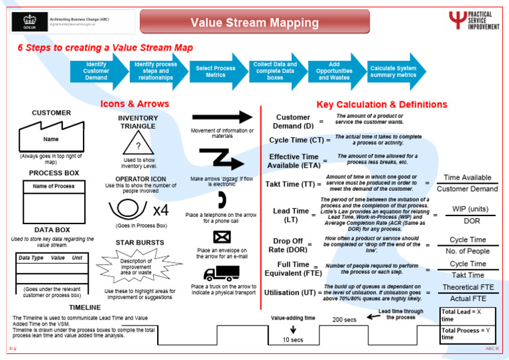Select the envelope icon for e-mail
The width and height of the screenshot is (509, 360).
click(x=221, y=237)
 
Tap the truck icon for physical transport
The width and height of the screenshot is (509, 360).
click(x=221, y=272)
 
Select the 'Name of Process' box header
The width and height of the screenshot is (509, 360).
click(x=54, y=186)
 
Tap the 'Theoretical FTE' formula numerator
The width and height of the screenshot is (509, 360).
click(x=469, y=287)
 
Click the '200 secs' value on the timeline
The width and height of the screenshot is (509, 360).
click(x=344, y=319)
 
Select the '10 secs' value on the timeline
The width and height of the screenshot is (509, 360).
click(x=292, y=340)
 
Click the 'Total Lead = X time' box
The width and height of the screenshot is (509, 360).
click(x=468, y=315)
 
